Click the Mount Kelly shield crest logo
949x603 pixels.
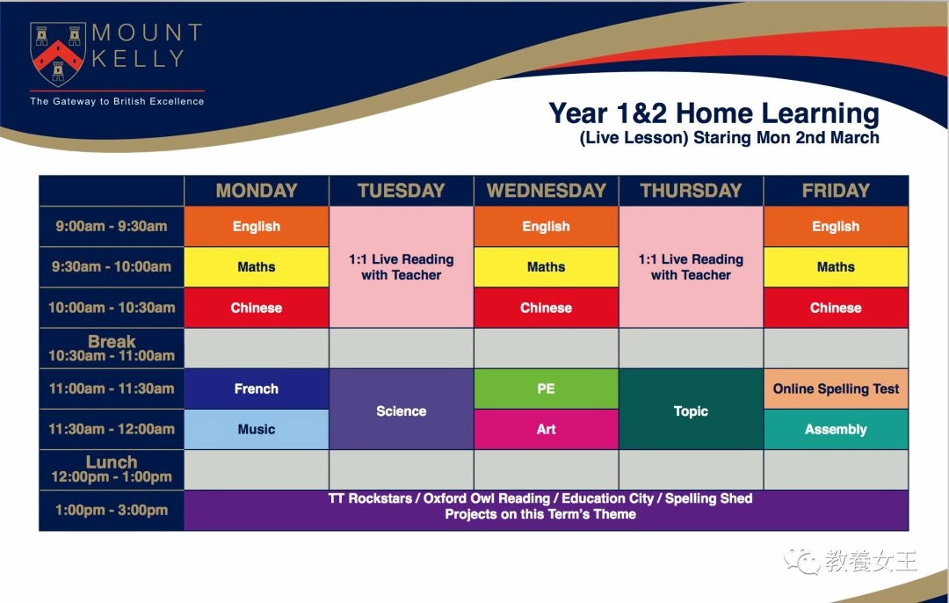click(57, 54)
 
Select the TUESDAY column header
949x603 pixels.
click(402, 191)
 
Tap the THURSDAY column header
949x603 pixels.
click(692, 191)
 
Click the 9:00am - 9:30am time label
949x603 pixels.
click(112, 227)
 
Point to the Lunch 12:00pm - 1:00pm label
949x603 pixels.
click(112, 469)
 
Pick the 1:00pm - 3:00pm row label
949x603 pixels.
click(112, 510)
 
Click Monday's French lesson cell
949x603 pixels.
click(257, 389)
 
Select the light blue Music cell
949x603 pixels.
click(257, 429)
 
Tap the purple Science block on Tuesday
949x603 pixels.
click(402, 410)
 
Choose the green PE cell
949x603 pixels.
click(546, 389)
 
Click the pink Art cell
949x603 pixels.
click(546, 429)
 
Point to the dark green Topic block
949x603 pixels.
click(692, 410)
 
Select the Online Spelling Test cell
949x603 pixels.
click(836, 389)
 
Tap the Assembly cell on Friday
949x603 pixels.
click(836, 429)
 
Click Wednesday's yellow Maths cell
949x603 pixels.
click(546, 267)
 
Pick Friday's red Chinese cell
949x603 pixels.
click(836, 308)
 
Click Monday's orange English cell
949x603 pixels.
click(257, 227)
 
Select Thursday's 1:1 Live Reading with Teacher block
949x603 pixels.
click(692, 267)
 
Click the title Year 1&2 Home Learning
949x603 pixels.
click(714, 113)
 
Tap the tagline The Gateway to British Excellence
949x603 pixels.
click(118, 101)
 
